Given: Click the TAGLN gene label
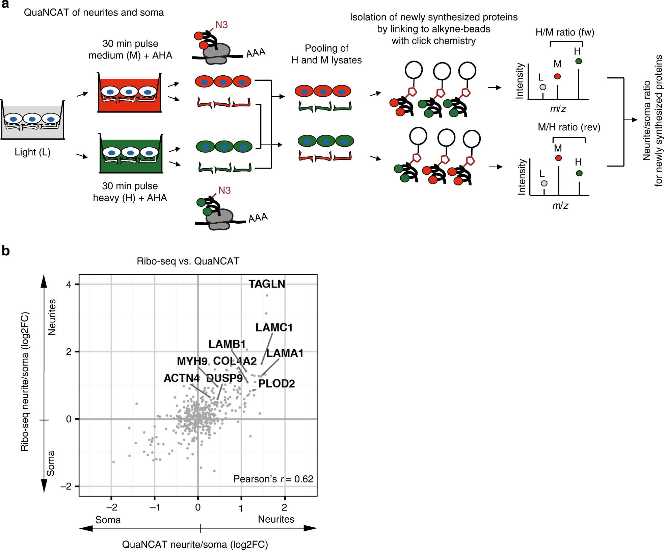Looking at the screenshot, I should (x=267, y=284).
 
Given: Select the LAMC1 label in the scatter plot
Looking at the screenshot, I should (x=274, y=327).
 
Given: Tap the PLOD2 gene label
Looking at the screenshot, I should (x=276, y=383).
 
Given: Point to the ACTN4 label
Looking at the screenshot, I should (x=182, y=378).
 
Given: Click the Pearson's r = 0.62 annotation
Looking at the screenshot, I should (x=273, y=479).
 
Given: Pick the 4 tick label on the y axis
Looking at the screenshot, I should (x=69, y=284).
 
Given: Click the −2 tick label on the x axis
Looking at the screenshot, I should (x=112, y=507).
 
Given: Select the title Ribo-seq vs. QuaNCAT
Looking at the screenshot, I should (x=188, y=261).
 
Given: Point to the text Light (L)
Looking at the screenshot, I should (x=32, y=152).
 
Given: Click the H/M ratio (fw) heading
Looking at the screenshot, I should (x=565, y=32).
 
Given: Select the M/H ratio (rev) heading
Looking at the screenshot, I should (x=569, y=127).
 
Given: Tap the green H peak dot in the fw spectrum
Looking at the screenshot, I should (x=579, y=61).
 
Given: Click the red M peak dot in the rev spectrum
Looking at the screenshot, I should (x=558, y=158).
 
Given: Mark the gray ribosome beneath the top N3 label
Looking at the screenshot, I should (x=216, y=54).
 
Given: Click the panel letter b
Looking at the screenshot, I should (x=6, y=251).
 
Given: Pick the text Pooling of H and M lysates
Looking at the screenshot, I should (x=326, y=54).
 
